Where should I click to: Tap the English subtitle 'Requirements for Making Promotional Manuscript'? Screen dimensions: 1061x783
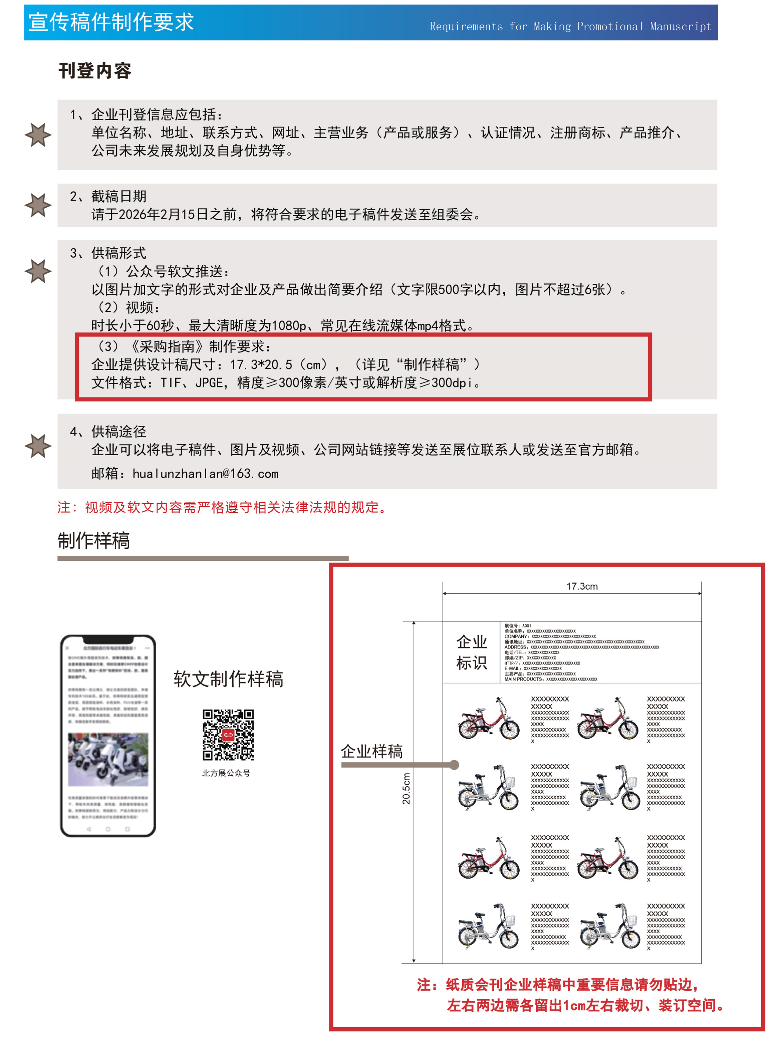570,27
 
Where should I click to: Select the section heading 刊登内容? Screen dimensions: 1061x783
95,71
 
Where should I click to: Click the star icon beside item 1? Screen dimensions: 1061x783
38,135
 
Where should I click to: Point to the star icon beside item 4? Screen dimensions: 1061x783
38,446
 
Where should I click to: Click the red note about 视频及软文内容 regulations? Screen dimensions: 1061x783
223,508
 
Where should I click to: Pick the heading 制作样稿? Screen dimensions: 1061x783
94,541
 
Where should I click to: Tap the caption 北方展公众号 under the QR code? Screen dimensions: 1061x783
226,773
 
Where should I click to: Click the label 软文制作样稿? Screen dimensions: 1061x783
228,679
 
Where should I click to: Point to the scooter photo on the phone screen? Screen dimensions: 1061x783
108,760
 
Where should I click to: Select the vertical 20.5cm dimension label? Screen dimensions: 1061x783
406,789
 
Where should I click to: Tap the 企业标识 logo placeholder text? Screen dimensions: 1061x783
471,652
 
